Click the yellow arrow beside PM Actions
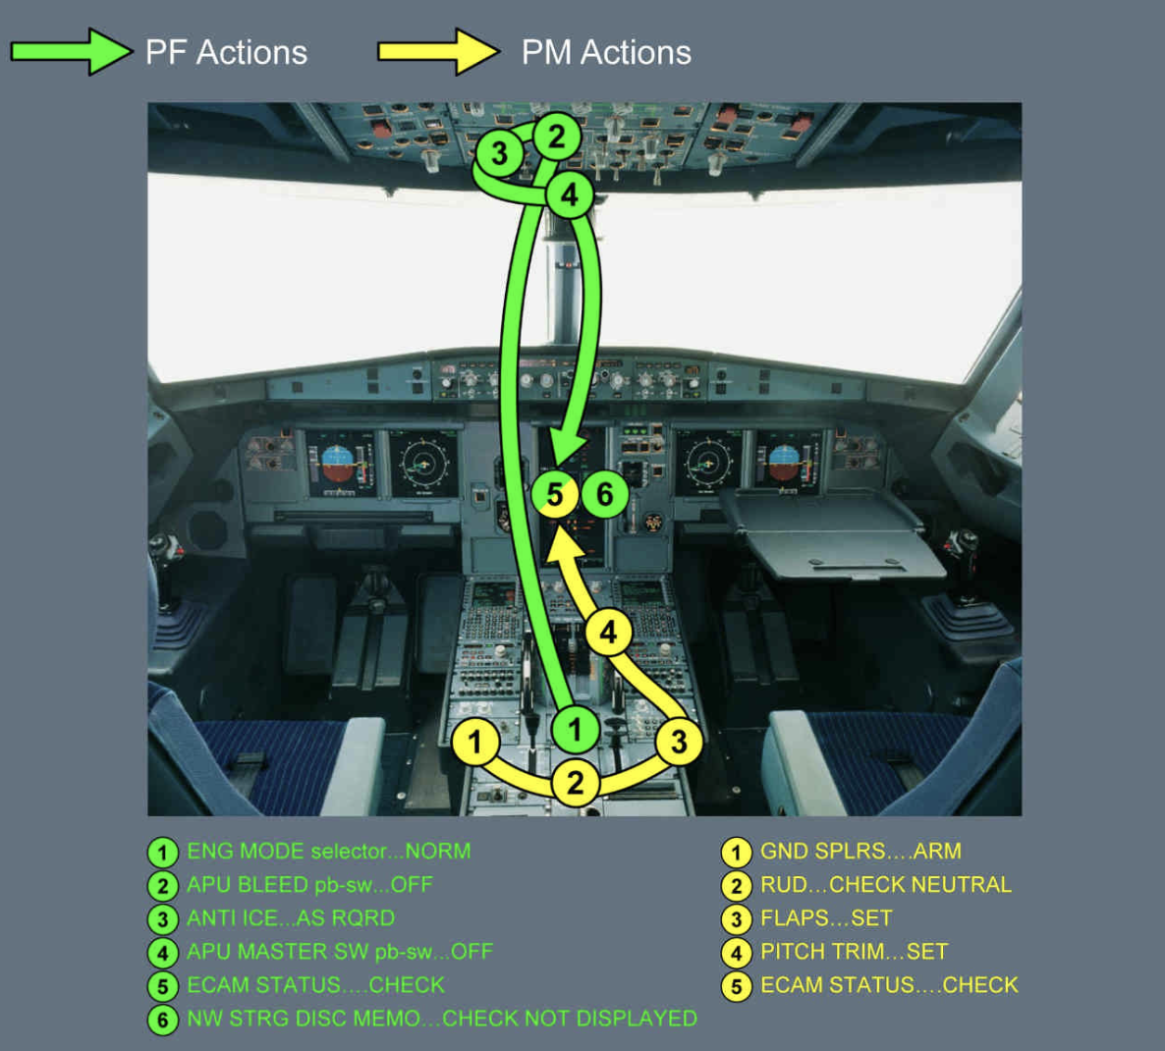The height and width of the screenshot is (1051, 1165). pos(438,52)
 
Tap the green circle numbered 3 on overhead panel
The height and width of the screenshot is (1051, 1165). pos(500,153)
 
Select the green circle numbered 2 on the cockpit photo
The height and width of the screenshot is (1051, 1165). pos(557,136)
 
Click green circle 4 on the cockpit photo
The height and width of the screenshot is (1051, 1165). pos(570,194)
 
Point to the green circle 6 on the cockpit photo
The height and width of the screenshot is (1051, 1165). pos(605,493)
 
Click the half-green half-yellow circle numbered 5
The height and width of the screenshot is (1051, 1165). pos(555,494)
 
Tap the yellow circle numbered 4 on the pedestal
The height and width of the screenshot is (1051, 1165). pos(609,632)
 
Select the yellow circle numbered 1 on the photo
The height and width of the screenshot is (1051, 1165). pos(475,742)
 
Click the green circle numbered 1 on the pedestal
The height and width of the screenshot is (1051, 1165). pos(576,729)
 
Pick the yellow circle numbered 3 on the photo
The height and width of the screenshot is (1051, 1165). pos(678,742)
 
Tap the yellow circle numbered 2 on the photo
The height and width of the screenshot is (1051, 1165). pos(575,783)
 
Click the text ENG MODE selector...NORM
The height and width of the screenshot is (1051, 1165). pos(328,852)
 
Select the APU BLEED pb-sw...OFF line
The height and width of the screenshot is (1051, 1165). pos(309,885)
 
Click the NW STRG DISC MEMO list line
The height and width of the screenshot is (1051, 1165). pos(442,1019)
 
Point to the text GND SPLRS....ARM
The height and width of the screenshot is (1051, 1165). pos(860,852)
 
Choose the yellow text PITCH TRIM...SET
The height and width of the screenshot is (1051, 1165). pos(854,952)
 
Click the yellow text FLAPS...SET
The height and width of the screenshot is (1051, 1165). pos(826,918)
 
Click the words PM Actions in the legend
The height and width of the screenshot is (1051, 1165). pos(606,52)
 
